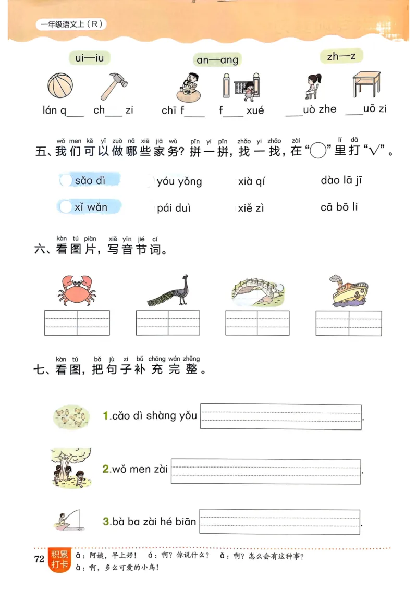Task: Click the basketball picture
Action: tap(60, 85)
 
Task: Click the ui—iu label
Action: tap(89, 58)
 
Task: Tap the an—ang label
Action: tap(217, 60)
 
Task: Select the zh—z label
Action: tap(341, 56)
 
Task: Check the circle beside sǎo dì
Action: tap(66, 180)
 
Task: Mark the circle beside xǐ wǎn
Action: tap(66, 207)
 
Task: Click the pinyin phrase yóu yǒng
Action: tap(179, 181)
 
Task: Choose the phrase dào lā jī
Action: tap(341, 180)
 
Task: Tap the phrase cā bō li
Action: tap(339, 207)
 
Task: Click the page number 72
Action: tap(39, 560)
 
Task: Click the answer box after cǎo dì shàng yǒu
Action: tap(280, 417)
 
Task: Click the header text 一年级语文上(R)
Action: tap(70, 24)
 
